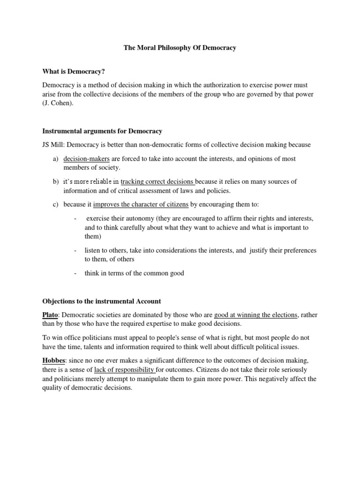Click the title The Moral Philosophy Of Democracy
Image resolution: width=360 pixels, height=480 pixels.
(x=180, y=47)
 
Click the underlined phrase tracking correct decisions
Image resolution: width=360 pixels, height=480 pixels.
(x=157, y=181)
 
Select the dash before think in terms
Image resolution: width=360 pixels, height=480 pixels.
(x=75, y=273)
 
